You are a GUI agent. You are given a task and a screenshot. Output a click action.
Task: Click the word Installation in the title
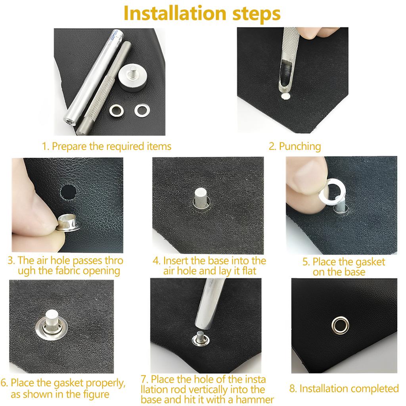pos(175,13)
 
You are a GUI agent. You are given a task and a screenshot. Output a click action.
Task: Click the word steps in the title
pos(257,15)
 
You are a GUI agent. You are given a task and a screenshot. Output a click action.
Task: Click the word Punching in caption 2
pos(300,147)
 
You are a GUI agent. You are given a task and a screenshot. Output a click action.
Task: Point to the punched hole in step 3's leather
pos(69,192)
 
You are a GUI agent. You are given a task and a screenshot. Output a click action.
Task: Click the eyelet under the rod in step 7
pos(200,339)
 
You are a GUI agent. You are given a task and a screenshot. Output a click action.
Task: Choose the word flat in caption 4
pos(249,271)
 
